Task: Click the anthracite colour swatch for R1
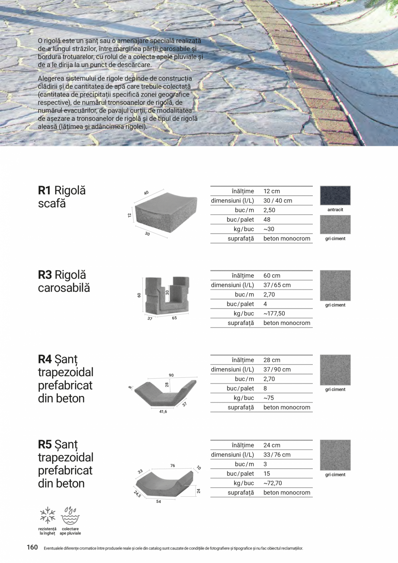(x=335, y=196)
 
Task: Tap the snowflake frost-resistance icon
(x=48, y=515)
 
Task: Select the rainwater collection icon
(x=71, y=515)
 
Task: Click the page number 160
(x=32, y=547)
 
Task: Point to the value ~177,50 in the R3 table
(x=274, y=313)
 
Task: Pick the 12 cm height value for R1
(x=272, y=191)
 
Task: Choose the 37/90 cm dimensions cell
(x=277, y=369)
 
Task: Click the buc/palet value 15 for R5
(x=266, y=473)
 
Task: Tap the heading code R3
(x=45, y=275)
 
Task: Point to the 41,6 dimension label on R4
(x=163, y=412)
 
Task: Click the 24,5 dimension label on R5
(x=137, y=494)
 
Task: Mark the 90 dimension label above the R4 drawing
(x=171, y=375)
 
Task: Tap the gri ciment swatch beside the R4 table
(x=335, y=370)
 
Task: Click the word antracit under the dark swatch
(x=335, y=209)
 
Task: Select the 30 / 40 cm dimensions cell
(x=278, y=200)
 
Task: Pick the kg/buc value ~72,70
(x=273, y=483)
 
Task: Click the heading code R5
(x=45, y=444)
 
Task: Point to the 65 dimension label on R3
(x=174, y=318)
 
